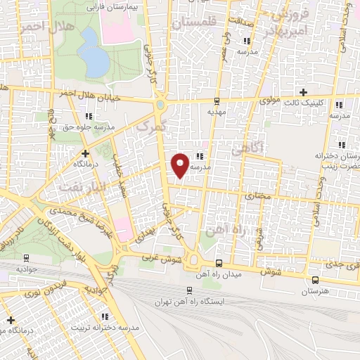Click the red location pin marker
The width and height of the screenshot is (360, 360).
coord(181,165)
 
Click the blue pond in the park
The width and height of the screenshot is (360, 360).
coord(94,56)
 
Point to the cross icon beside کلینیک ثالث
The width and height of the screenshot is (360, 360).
coord(303,92)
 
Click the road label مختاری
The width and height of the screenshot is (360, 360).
coord(257,197)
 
